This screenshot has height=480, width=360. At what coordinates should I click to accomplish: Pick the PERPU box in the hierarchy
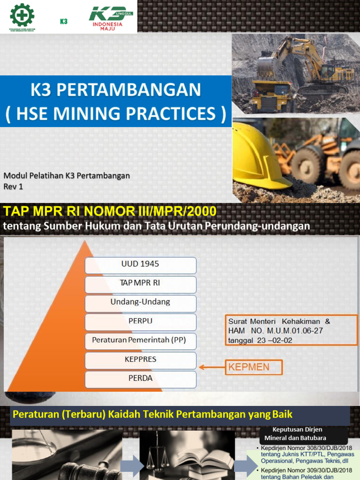point(140,322)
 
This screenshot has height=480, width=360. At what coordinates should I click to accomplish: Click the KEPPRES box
point(140,360)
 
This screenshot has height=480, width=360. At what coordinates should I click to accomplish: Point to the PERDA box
point(140,379)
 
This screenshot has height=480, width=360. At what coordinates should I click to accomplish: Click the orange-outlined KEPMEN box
point(253,367)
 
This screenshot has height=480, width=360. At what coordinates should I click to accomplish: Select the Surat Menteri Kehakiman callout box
point(291,330)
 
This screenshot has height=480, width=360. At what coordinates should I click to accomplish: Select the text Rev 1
point(14,186)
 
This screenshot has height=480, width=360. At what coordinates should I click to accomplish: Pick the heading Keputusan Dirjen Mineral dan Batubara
point(298,434)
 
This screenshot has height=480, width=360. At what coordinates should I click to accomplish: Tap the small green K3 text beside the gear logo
point(64,21)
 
